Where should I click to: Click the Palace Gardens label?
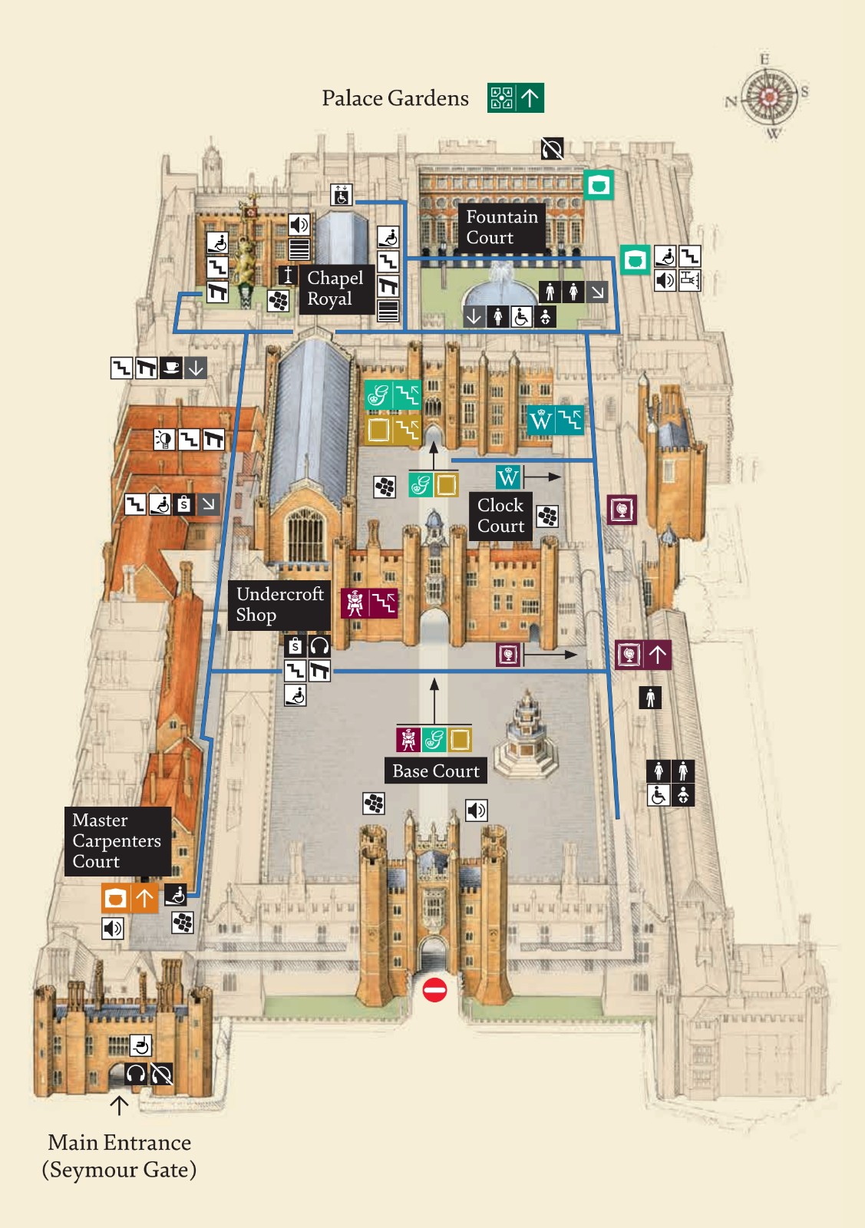(395, 98)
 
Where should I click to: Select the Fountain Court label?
(501, 227)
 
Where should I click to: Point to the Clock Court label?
(500, 516)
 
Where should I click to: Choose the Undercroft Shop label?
(279, 605)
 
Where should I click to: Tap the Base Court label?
(435, 771)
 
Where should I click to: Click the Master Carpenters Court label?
(117, 840)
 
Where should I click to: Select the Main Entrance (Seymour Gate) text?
(119, 1156)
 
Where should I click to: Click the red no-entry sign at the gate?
(434, 990)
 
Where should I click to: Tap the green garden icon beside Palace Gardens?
(501, 98)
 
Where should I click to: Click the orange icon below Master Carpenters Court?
(115, 898)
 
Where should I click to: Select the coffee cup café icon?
(171, 368)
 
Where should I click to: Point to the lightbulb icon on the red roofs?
(163, 440)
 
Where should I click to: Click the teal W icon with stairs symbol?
(555, 420)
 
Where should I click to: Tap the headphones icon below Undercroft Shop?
(319, 645)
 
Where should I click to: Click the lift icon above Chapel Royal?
(341, 195)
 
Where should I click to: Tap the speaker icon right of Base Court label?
(477, 810)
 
